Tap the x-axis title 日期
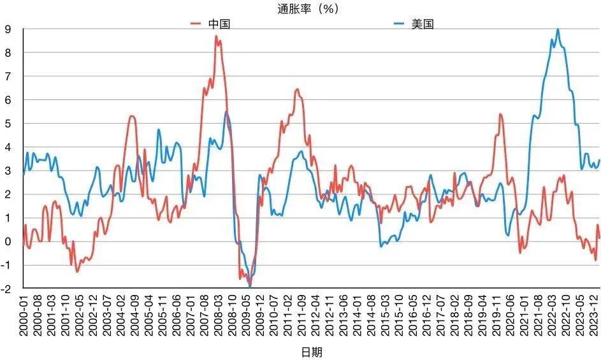[x=312, y=351]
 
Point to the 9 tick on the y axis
[x=8, y=29]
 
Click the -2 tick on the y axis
[x=7, y=288]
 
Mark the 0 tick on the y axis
[x=8, y=241]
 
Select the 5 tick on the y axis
[x=8, y=123]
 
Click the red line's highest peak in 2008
[x=217, y=36]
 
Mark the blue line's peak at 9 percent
[x=558, y=29]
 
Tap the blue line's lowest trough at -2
[x=250, y=287]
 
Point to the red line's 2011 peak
[x=297, y=89]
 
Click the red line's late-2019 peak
[x=500, y=114]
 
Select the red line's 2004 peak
[x=131, y=116]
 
